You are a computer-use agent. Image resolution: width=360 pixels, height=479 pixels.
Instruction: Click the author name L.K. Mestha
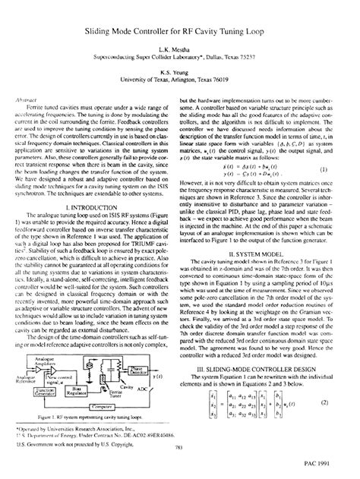pyautogui.click(x=179, y=46)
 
